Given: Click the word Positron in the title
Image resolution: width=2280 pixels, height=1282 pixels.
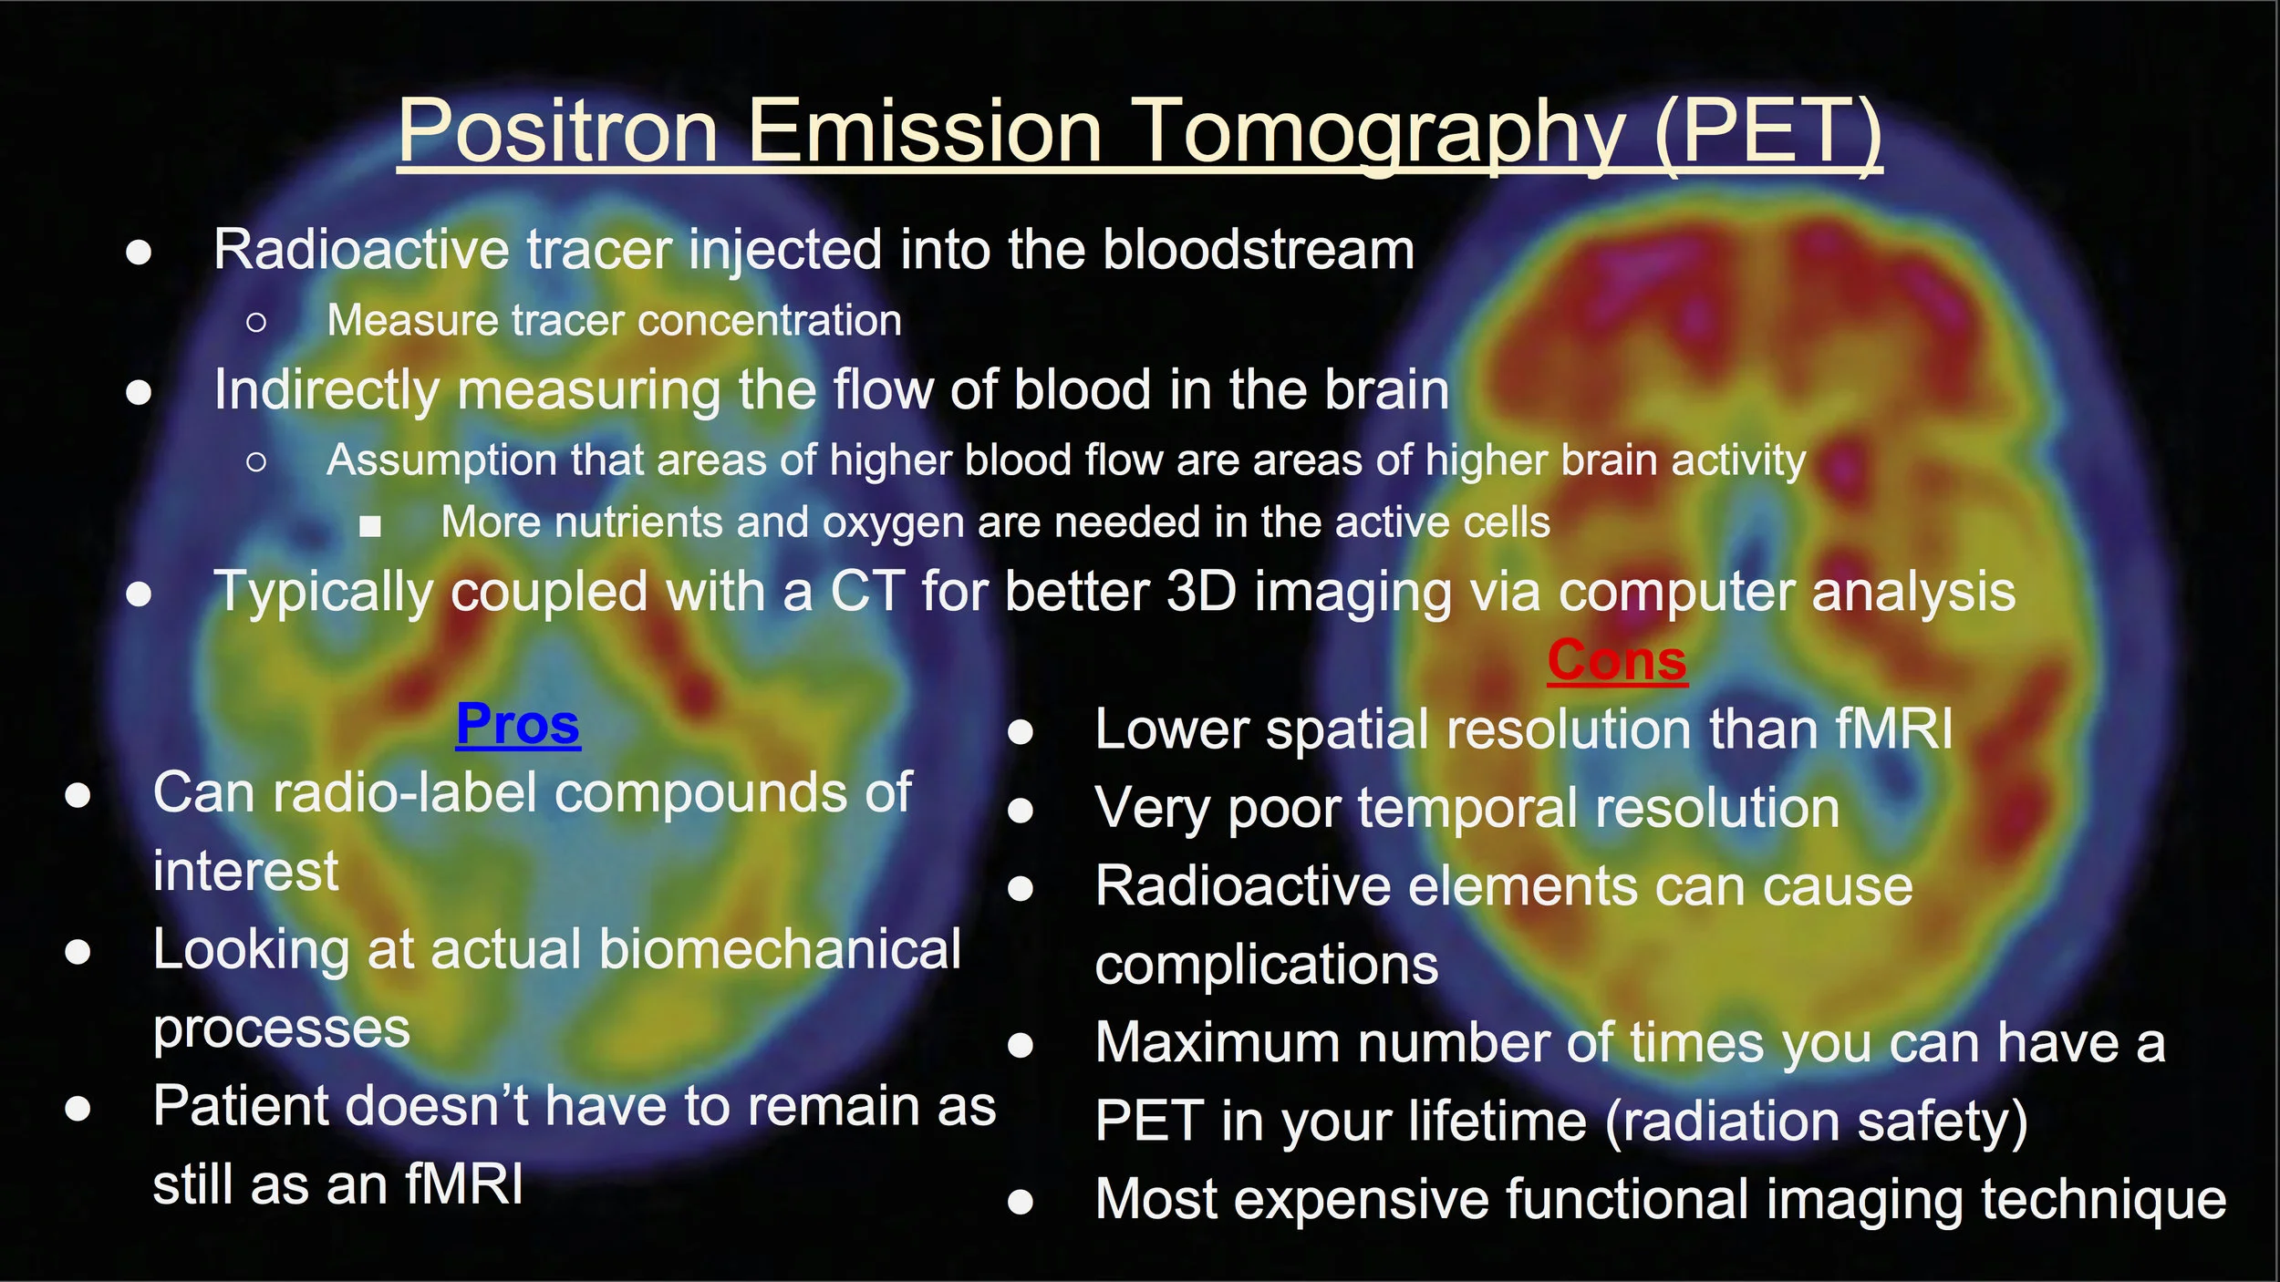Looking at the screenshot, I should click(558, 132).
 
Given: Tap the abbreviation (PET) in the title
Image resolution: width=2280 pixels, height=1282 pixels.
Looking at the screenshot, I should click(1767, 132).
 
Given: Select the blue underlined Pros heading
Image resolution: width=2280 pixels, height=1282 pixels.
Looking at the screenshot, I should click(518, 725).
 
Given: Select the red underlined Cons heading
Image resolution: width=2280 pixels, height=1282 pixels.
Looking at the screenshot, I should click(1617, 661).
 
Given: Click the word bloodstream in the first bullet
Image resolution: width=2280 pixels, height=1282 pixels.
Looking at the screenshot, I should click(1259, 250).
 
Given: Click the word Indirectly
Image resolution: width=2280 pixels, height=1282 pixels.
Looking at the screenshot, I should click(326, 390).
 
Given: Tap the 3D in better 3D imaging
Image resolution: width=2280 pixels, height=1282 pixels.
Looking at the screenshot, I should click(1201, 592).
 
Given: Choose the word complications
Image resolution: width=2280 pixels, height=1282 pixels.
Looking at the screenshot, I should click(1266, 965).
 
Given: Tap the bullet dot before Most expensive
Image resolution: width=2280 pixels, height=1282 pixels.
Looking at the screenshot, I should click(1021, 1202).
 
